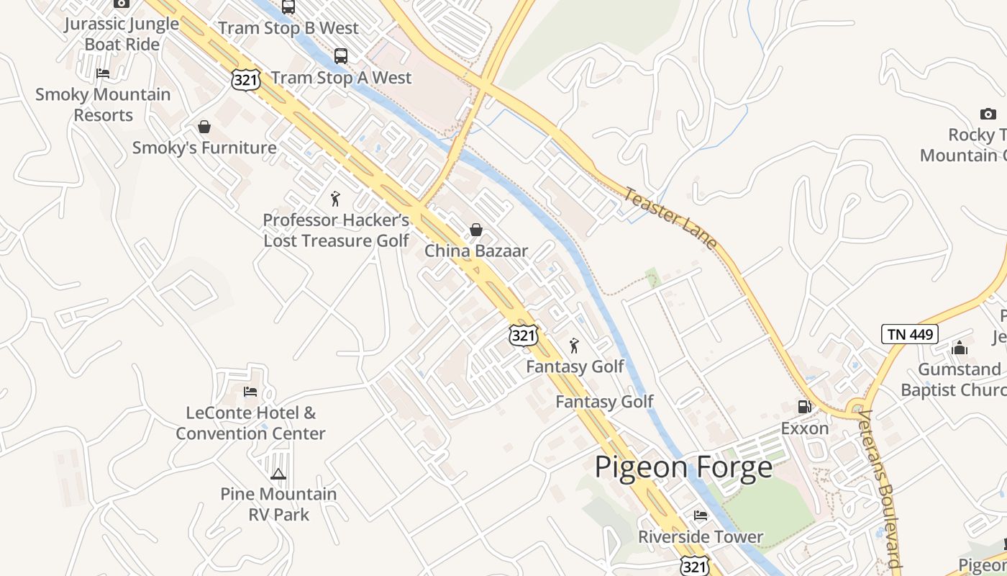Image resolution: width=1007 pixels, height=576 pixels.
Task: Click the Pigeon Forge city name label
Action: (x=683, y=467)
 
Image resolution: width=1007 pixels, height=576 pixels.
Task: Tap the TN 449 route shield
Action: (x=909, y=334)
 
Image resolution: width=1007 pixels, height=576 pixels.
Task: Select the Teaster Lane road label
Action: (x=670, y=217)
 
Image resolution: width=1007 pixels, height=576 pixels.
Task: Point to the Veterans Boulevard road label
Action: (x=881, y=490)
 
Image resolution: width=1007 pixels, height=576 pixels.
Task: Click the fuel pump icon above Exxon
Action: (x=804, y=407)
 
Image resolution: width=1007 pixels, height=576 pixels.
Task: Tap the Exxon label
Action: (x=805, y=428)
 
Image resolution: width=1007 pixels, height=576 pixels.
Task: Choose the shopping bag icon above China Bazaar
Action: (x=475, y=230)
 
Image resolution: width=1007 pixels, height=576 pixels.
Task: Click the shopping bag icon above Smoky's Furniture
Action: (x=204, y=127)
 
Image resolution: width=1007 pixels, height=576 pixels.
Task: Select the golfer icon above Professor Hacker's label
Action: (x=335, y=199)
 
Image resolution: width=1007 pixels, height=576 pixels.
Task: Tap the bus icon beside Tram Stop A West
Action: (x=341, y=56)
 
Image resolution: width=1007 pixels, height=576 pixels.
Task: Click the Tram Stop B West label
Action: (x=288, y=28)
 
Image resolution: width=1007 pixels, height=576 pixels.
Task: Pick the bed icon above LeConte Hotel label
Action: (x=250, y=392)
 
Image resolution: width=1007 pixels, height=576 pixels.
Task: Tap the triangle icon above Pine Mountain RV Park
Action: (x=278, y=474)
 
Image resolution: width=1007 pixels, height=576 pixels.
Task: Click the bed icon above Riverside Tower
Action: (x=700, y=516)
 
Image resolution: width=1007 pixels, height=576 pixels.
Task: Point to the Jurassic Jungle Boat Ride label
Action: (x=122, y=34)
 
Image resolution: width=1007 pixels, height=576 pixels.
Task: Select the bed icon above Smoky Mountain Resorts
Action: (x=103, y=73)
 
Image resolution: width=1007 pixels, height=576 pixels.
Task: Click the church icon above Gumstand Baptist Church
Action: (x=960, y=348)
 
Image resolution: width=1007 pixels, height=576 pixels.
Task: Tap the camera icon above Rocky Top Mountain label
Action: (x=988, y=114)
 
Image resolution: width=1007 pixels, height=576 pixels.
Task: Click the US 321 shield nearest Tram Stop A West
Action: (x=246, y=80)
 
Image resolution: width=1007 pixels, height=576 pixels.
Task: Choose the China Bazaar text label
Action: (x=476, y=251)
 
